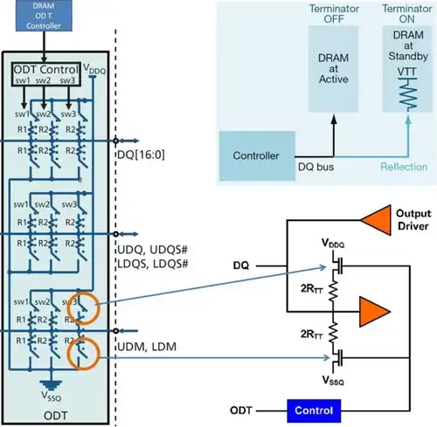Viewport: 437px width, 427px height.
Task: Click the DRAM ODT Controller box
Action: click(44, 15)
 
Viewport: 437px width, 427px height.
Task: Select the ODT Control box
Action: click(46, 74)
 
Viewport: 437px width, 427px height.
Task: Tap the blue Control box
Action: click(314, 410)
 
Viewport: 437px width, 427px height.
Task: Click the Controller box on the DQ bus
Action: click(257, 155)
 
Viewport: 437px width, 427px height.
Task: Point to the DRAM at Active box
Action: click(333, 69)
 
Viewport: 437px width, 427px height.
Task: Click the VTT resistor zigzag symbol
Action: click(408, 93)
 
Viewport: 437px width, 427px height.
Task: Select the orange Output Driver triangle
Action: click(376, 220)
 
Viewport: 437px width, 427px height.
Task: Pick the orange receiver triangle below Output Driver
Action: click(375, 312)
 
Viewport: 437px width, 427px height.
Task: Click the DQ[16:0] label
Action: click(141, 155)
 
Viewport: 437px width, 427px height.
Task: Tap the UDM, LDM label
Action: click(147, 347)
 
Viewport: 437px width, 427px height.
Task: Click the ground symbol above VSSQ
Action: click(51, 385)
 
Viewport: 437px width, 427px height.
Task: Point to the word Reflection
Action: click(404, 167)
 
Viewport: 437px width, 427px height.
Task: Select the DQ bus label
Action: click(316, 167)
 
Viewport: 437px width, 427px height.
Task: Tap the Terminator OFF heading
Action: click(334, 14)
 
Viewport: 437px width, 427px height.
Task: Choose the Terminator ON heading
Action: click(406, 14)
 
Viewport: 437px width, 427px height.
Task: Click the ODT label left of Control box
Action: click(241, 410)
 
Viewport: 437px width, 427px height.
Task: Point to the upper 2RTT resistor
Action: click(333, 291)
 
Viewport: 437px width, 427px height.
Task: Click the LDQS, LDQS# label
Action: click(153, 264)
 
